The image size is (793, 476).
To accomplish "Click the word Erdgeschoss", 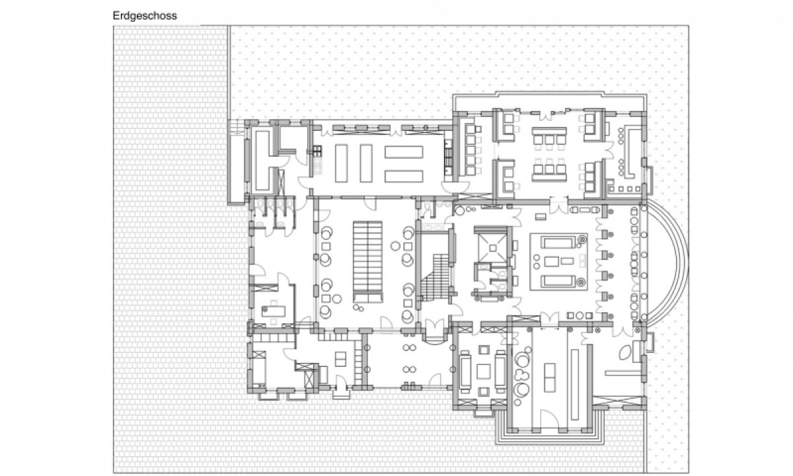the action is point(145,16).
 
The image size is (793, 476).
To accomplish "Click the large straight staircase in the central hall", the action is point(367,262).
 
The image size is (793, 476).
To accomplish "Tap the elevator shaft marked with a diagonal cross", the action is point(493,248).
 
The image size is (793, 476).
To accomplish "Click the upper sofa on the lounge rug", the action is point(558,243).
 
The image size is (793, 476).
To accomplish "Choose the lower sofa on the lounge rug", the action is point(558,281).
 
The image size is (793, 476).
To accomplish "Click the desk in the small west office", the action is point(274,311).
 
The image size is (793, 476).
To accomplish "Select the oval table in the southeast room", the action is point(625,352).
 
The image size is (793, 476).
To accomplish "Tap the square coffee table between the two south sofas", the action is point(483,372).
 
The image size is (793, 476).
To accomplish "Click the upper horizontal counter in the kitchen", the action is point(404,152).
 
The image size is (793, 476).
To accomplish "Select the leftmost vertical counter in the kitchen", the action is point(341,163).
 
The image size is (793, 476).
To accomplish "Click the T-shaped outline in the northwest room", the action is point(266,161).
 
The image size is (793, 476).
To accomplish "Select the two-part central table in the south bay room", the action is point(550,377).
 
